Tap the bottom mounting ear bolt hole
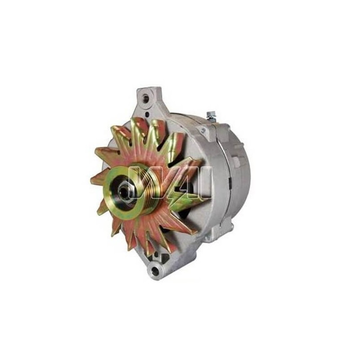pyautogui.click(x=156, y=271)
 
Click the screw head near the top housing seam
pyautogui.click(x=203, y=130)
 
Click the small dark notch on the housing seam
pyautogui.click(x=229, y=182)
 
